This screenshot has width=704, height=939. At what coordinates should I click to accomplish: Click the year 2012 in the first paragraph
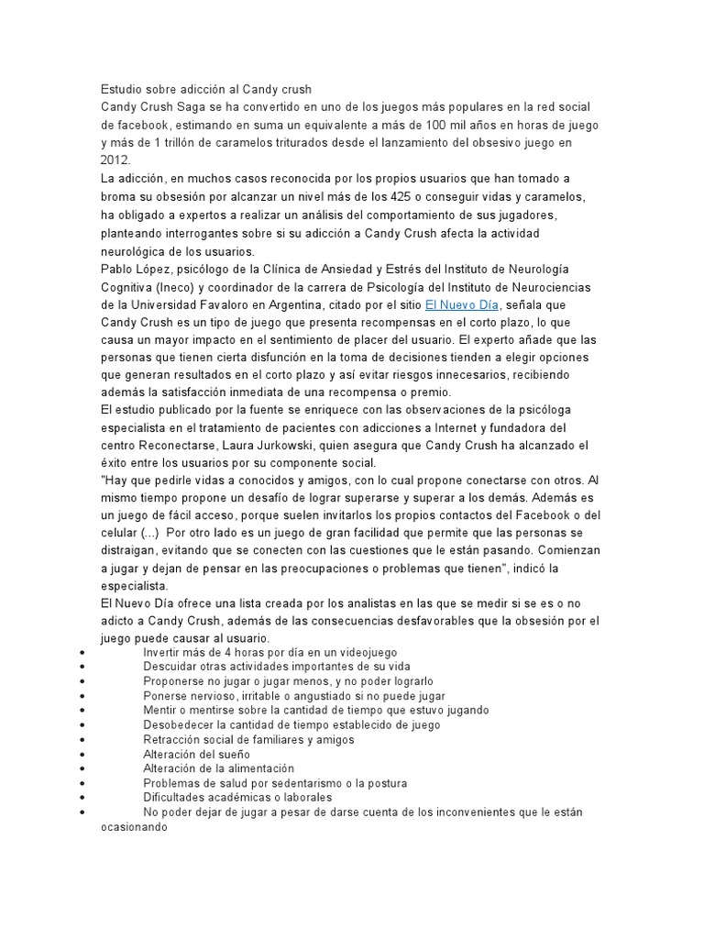coord(116,160)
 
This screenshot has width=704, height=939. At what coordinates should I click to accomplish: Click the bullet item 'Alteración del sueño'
coord(196,754)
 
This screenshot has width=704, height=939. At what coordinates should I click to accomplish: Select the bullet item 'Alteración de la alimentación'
coord(219,768)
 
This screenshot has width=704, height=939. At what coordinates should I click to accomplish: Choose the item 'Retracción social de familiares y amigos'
coord(248,739)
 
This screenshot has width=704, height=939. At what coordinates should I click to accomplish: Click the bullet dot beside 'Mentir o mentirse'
coord(83,710)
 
